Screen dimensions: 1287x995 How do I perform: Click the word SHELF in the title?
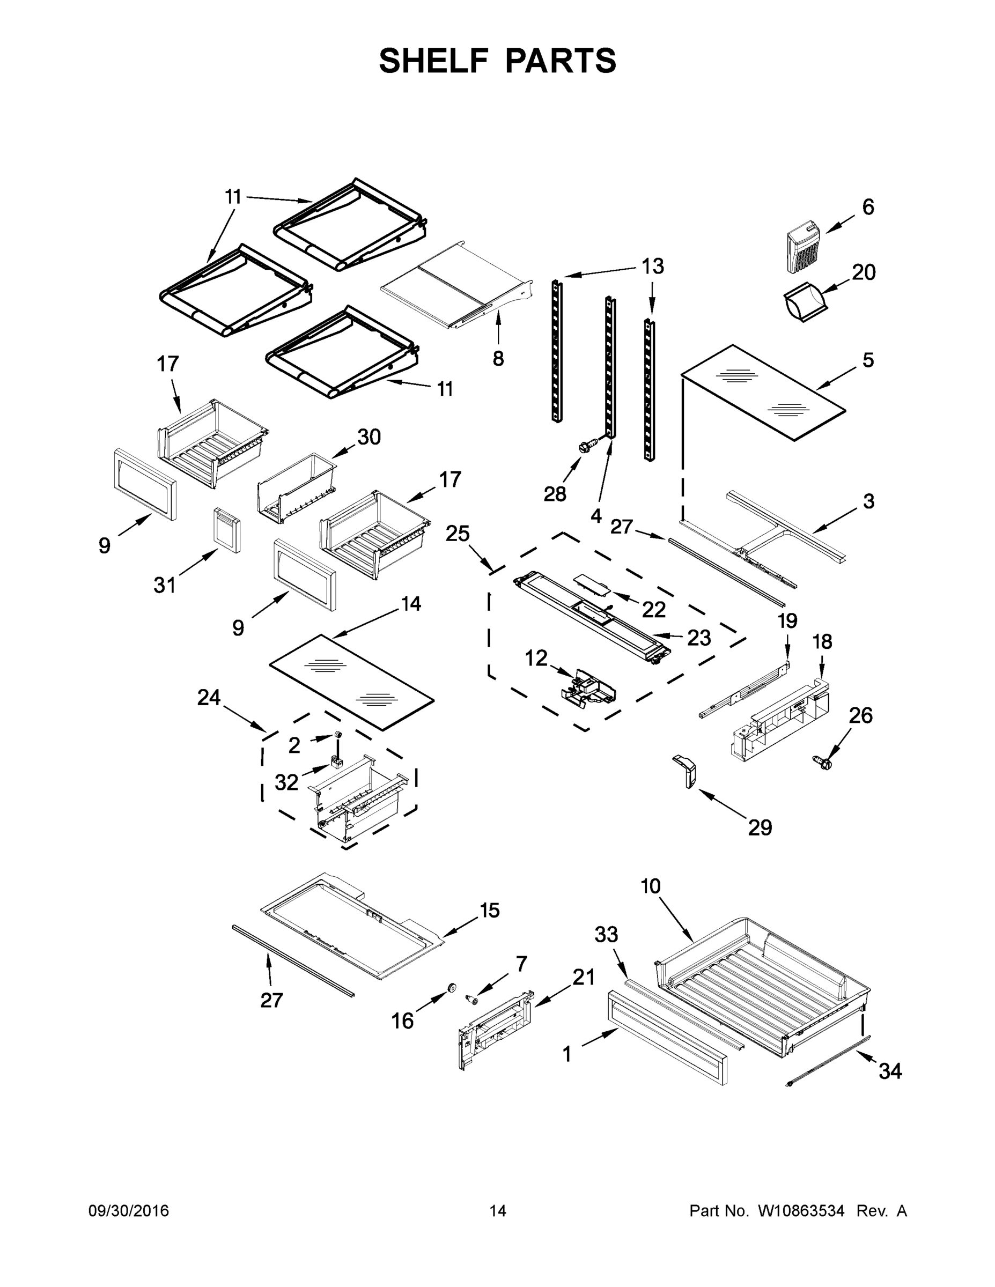click(x=433, y=61)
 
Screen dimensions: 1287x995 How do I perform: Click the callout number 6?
click(x=868, y=208)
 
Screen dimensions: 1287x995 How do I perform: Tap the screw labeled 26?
click(x=824, y=764)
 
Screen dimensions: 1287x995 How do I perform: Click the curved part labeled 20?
click(x=805, y=302)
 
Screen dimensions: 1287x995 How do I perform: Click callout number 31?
click(x=165, y=585)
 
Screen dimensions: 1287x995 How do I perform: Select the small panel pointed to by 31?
click(x=227, y=530)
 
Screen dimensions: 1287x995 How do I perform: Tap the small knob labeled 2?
click(x=339, y=734)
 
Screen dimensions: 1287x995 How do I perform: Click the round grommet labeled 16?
click(x=452, y=988)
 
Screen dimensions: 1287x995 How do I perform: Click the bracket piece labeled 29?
click(x=686, y=770)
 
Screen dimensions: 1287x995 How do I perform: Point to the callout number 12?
click(x=536, y=657)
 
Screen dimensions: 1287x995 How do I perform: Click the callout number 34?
click(x=890, y=1071)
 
